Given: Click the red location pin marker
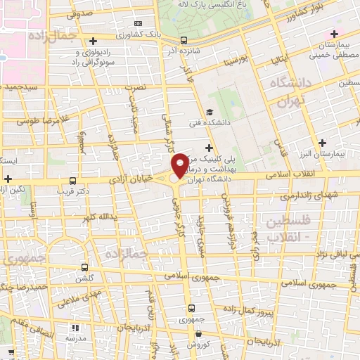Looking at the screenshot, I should pyautogui.click(x=180, y=165).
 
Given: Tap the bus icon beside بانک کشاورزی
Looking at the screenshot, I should pyautogui.click(x=184, y=40).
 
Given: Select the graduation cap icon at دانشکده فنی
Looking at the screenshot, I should pyautogui.click(x=210, y=112).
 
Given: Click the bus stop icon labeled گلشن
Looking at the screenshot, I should pyautogui.click(x=85, y=267).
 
